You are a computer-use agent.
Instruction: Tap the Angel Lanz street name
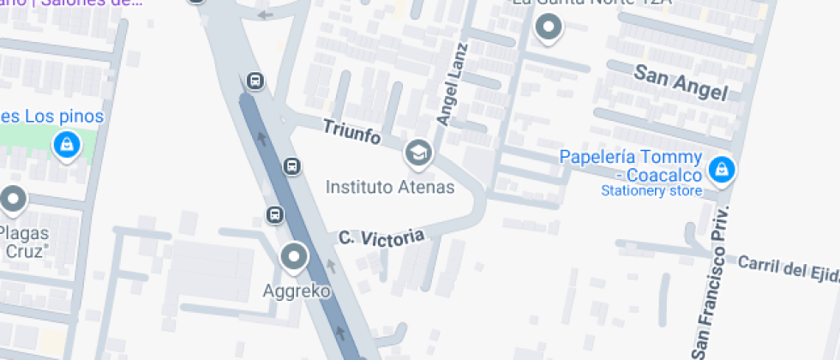[x=453, y=85]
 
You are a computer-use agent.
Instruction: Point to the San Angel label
[x=681, y=82]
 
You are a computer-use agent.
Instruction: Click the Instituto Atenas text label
[x=390, y=186]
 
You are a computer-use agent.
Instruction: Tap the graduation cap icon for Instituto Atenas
[x=418, y=153]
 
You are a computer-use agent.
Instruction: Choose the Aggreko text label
[x=296, y=291]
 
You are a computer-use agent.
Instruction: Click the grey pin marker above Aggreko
[x=295, y=256]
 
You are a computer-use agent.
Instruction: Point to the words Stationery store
[x=651, y=191]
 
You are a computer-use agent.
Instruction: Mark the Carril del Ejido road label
[x=789, y=267]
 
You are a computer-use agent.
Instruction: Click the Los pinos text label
[x=51, y=116]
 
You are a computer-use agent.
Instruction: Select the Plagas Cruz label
[x=24, y=242]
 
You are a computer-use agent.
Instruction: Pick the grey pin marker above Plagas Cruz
[x=12, y=201]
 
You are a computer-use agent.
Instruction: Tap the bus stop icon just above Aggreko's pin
[x=274, y=214]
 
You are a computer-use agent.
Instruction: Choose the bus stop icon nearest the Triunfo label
[x=291, y=165]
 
